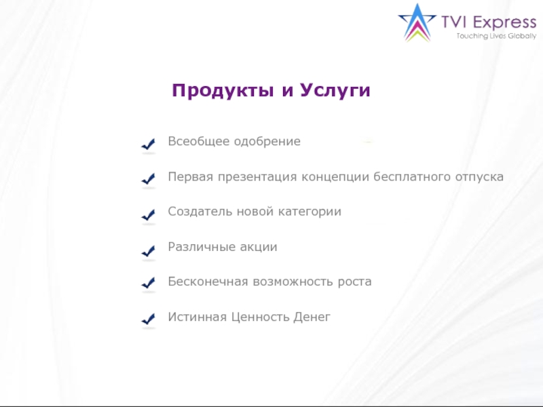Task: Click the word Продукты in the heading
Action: pyautogui.click(x=222, y=90)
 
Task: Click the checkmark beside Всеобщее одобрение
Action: pyautogui.click(x=149, y=144)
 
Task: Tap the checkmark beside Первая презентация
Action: pyautogui.click(x=149, y=179)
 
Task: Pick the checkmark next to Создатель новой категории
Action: pyautogui.click(x=149, y=214)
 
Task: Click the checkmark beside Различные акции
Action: pyautogui.click(x=149, y=250)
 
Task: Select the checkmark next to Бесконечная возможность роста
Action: pyautogui.click(x=149, y=284)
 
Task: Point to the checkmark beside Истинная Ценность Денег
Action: pyautogui.click(x=149, y=319)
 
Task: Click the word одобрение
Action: pyautogui.click(x=267, y=142)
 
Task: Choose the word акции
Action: pyautogui.click(x=259, y=247)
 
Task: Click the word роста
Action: pyautogui.click(x=355, y=282)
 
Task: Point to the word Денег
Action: pyautogui.click(x=312, y=317)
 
